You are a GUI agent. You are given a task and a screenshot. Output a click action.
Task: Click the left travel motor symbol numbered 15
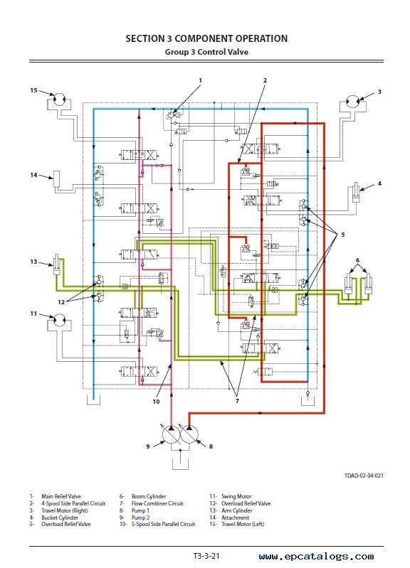(x=58, y=99)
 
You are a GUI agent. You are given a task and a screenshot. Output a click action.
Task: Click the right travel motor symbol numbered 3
(x=352, y=101)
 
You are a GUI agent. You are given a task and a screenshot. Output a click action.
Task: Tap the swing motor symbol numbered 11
(x=59, y=320)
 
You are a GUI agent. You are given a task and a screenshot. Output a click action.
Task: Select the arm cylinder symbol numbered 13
(x=57, y=266)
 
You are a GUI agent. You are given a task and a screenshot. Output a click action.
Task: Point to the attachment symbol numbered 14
(x=57, y=178)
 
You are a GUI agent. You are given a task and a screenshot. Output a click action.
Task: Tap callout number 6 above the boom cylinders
(x=357, y=260)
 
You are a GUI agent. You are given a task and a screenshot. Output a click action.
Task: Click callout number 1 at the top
(x=200, y=80)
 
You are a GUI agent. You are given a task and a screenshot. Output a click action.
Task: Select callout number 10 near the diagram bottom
(x=156, y=402)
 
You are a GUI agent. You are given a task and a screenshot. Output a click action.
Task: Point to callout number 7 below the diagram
(x=237, y=401)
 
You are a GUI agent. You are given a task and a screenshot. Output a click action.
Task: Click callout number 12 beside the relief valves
(x=61, y=301)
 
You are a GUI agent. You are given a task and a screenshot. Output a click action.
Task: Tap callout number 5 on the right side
(x=342, y=235)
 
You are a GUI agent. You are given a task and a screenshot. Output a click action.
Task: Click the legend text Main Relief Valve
(x=61, y=496)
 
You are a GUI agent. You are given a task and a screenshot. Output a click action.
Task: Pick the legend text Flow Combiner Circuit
(x=157, y=503)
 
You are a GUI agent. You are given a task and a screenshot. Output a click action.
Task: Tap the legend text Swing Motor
(x=236, y=496)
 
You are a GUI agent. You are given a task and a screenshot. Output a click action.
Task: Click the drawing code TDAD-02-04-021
(x=364, y=476)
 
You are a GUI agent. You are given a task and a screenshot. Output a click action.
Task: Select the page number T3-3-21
(x=206, y=556)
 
